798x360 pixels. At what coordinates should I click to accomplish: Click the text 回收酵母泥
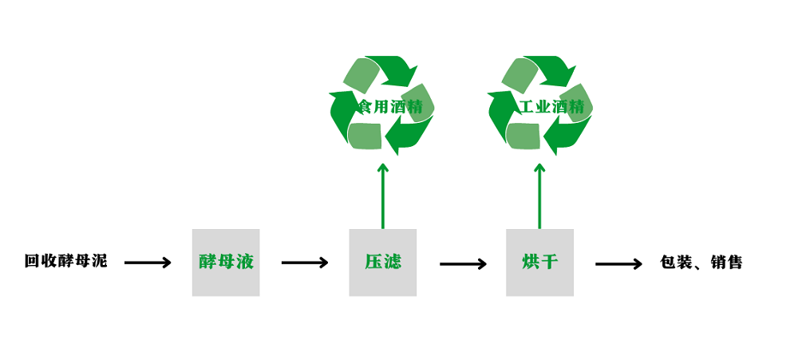(65, 261)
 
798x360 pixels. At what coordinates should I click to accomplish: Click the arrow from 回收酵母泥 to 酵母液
(148, 263)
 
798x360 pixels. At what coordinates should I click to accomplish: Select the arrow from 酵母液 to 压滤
(305, 263)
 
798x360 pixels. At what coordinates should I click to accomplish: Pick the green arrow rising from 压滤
(382, 196)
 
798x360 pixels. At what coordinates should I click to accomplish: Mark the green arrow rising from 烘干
(539, 196)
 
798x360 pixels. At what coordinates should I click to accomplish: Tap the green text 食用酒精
(389, 107)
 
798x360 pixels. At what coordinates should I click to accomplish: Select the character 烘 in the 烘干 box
(530, 262)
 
